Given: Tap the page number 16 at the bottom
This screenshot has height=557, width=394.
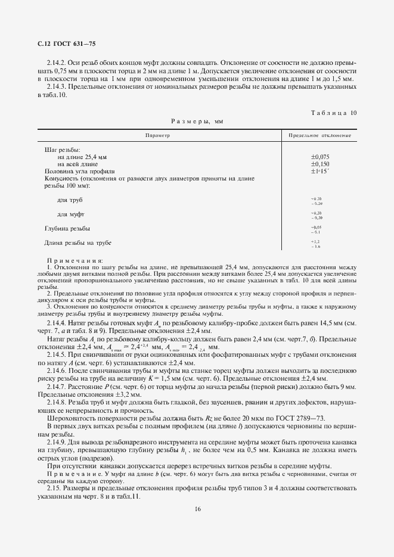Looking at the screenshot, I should point(197,508).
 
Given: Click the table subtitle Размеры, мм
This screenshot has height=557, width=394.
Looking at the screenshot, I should point(197,121).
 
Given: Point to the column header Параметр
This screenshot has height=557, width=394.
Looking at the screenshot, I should point(157,136).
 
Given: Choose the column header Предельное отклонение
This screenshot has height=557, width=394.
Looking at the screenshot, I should point(319,136).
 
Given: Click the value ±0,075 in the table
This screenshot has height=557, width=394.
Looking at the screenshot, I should point(320,156).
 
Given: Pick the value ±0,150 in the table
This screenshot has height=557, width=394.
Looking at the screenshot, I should point(320,163).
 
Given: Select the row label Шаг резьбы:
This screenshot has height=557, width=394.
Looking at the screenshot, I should point(63,150).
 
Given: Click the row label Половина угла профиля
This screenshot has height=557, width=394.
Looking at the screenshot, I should point(75,171).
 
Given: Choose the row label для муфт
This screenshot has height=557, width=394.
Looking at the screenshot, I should point(70,214).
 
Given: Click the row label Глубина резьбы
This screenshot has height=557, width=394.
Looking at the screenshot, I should point(67,228).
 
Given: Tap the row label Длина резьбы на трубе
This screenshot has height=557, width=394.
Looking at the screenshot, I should point(77,242).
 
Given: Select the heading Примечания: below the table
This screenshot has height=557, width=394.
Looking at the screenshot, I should point(75,260).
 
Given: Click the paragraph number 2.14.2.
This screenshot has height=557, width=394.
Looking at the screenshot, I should point(56,62).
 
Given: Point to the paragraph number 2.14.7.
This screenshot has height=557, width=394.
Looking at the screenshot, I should point(56,387).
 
